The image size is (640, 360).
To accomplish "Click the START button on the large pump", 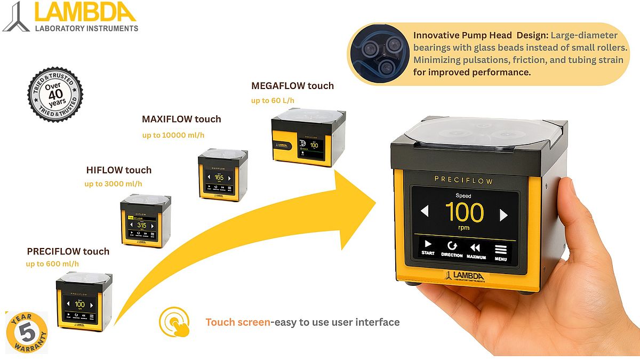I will pos(428,248).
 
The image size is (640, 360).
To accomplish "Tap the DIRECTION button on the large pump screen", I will pos(452,249).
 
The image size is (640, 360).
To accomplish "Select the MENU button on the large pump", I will pos(500,251).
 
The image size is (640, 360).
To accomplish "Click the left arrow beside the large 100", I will pos(425,212).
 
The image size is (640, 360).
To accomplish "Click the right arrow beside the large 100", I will pos(503,214).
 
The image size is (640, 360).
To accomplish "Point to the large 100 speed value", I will pos(464,213).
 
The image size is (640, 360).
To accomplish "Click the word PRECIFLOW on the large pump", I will pos(463,181).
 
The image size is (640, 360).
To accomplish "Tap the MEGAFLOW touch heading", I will pos(292,86).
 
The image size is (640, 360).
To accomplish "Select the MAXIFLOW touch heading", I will pos(181,119).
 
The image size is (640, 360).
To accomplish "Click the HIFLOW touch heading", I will pos(119,170).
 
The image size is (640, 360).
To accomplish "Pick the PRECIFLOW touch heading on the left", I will pos(68,251).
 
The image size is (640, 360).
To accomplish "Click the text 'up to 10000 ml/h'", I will pos(173,135).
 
